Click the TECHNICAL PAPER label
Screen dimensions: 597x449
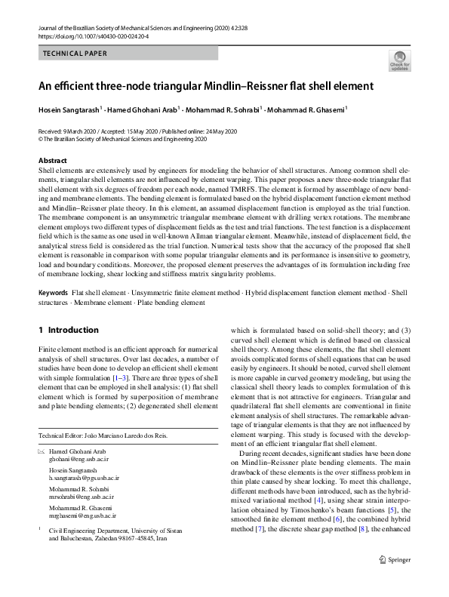75,54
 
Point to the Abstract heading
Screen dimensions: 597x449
52,161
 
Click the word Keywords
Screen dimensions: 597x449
53,292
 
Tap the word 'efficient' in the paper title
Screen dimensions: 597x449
82,86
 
